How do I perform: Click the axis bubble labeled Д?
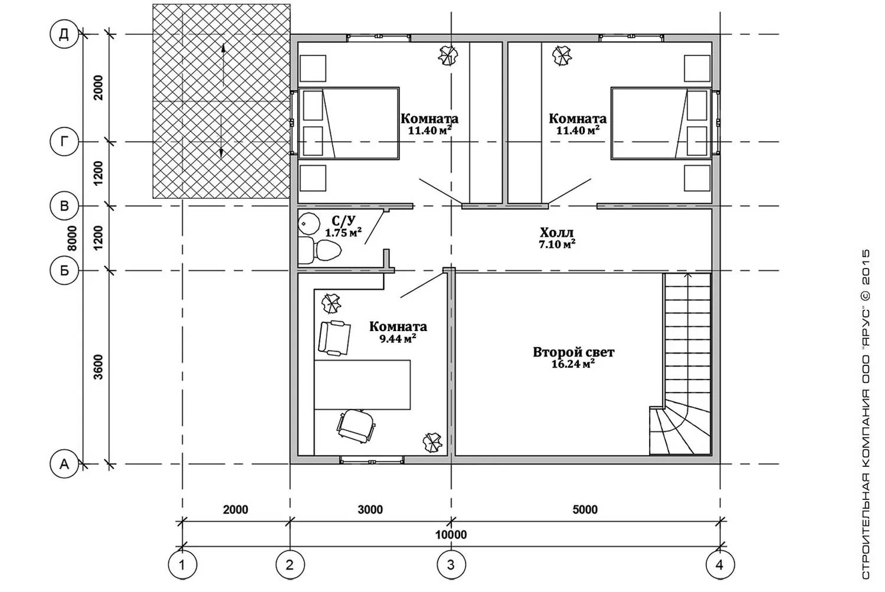(x=64, y=34)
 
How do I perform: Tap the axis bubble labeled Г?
(x=64, y=142)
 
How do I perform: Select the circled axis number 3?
(x=451, y=565)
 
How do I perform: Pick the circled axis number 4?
(x=720, y=565)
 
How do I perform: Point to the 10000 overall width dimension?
(x=451, y=535)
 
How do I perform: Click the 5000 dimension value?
(x=585, y=510)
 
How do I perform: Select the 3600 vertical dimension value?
(x=99, y=367)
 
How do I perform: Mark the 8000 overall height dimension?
(x=73, y=238)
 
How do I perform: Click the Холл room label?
(x=557, y=232)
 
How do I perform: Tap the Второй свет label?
(x=573, y=352)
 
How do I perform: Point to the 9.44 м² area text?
(x=398, y=339)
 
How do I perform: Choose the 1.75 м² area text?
(x=343, y=233)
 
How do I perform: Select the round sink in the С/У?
(x=309, y=224)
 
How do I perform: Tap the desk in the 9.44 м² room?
(x=362, y=384)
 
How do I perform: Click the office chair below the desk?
(x=356, y=425)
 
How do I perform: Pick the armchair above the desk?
(x=335, y=338)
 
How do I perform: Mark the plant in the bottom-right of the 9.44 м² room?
(x=432, y=442)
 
